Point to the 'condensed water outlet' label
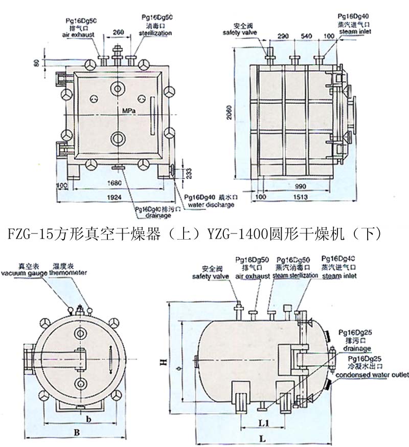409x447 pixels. [371, 375]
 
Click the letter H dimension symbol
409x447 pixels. [162, 362]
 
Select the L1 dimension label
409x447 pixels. [264, 422]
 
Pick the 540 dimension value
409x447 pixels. [307, 36]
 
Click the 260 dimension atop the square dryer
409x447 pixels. [119, 32]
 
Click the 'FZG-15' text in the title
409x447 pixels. [31, 235]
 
